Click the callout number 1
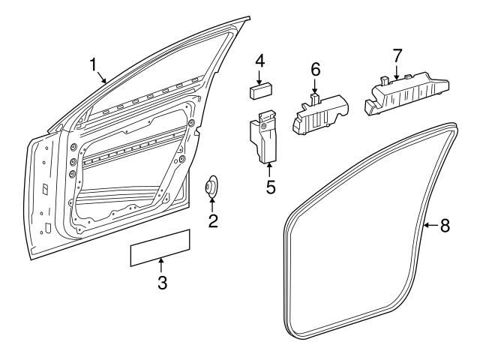tap(94, 64)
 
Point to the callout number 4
tap(259, 60)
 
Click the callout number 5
tap(270, 186)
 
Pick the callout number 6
tap(316, 68)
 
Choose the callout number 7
tap(397, 55)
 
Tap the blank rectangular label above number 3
tap(160, 248)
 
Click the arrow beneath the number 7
tap(397, 72)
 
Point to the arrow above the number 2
tap(213, 203)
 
